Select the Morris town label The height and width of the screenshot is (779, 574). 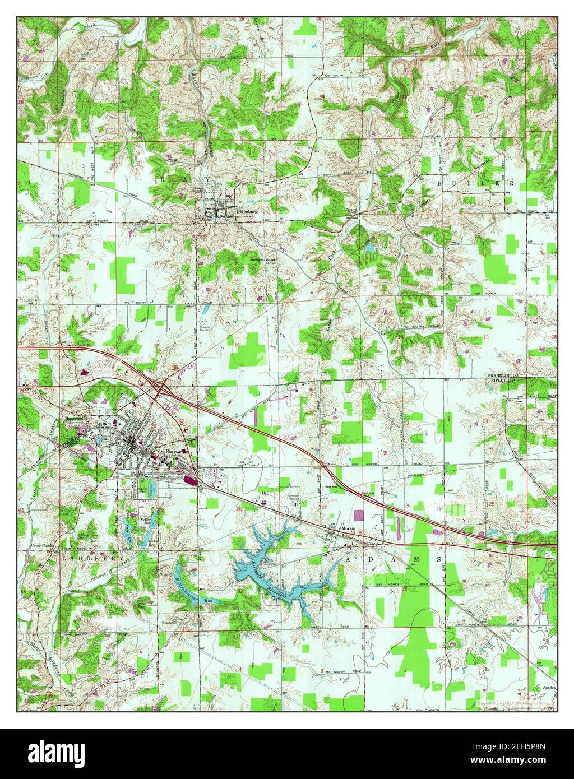click(349, 528)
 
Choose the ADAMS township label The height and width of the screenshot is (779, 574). click(392, 559)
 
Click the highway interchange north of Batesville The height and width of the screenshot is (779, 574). click(161, 387)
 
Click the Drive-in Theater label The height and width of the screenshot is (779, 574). click(206, 329)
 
